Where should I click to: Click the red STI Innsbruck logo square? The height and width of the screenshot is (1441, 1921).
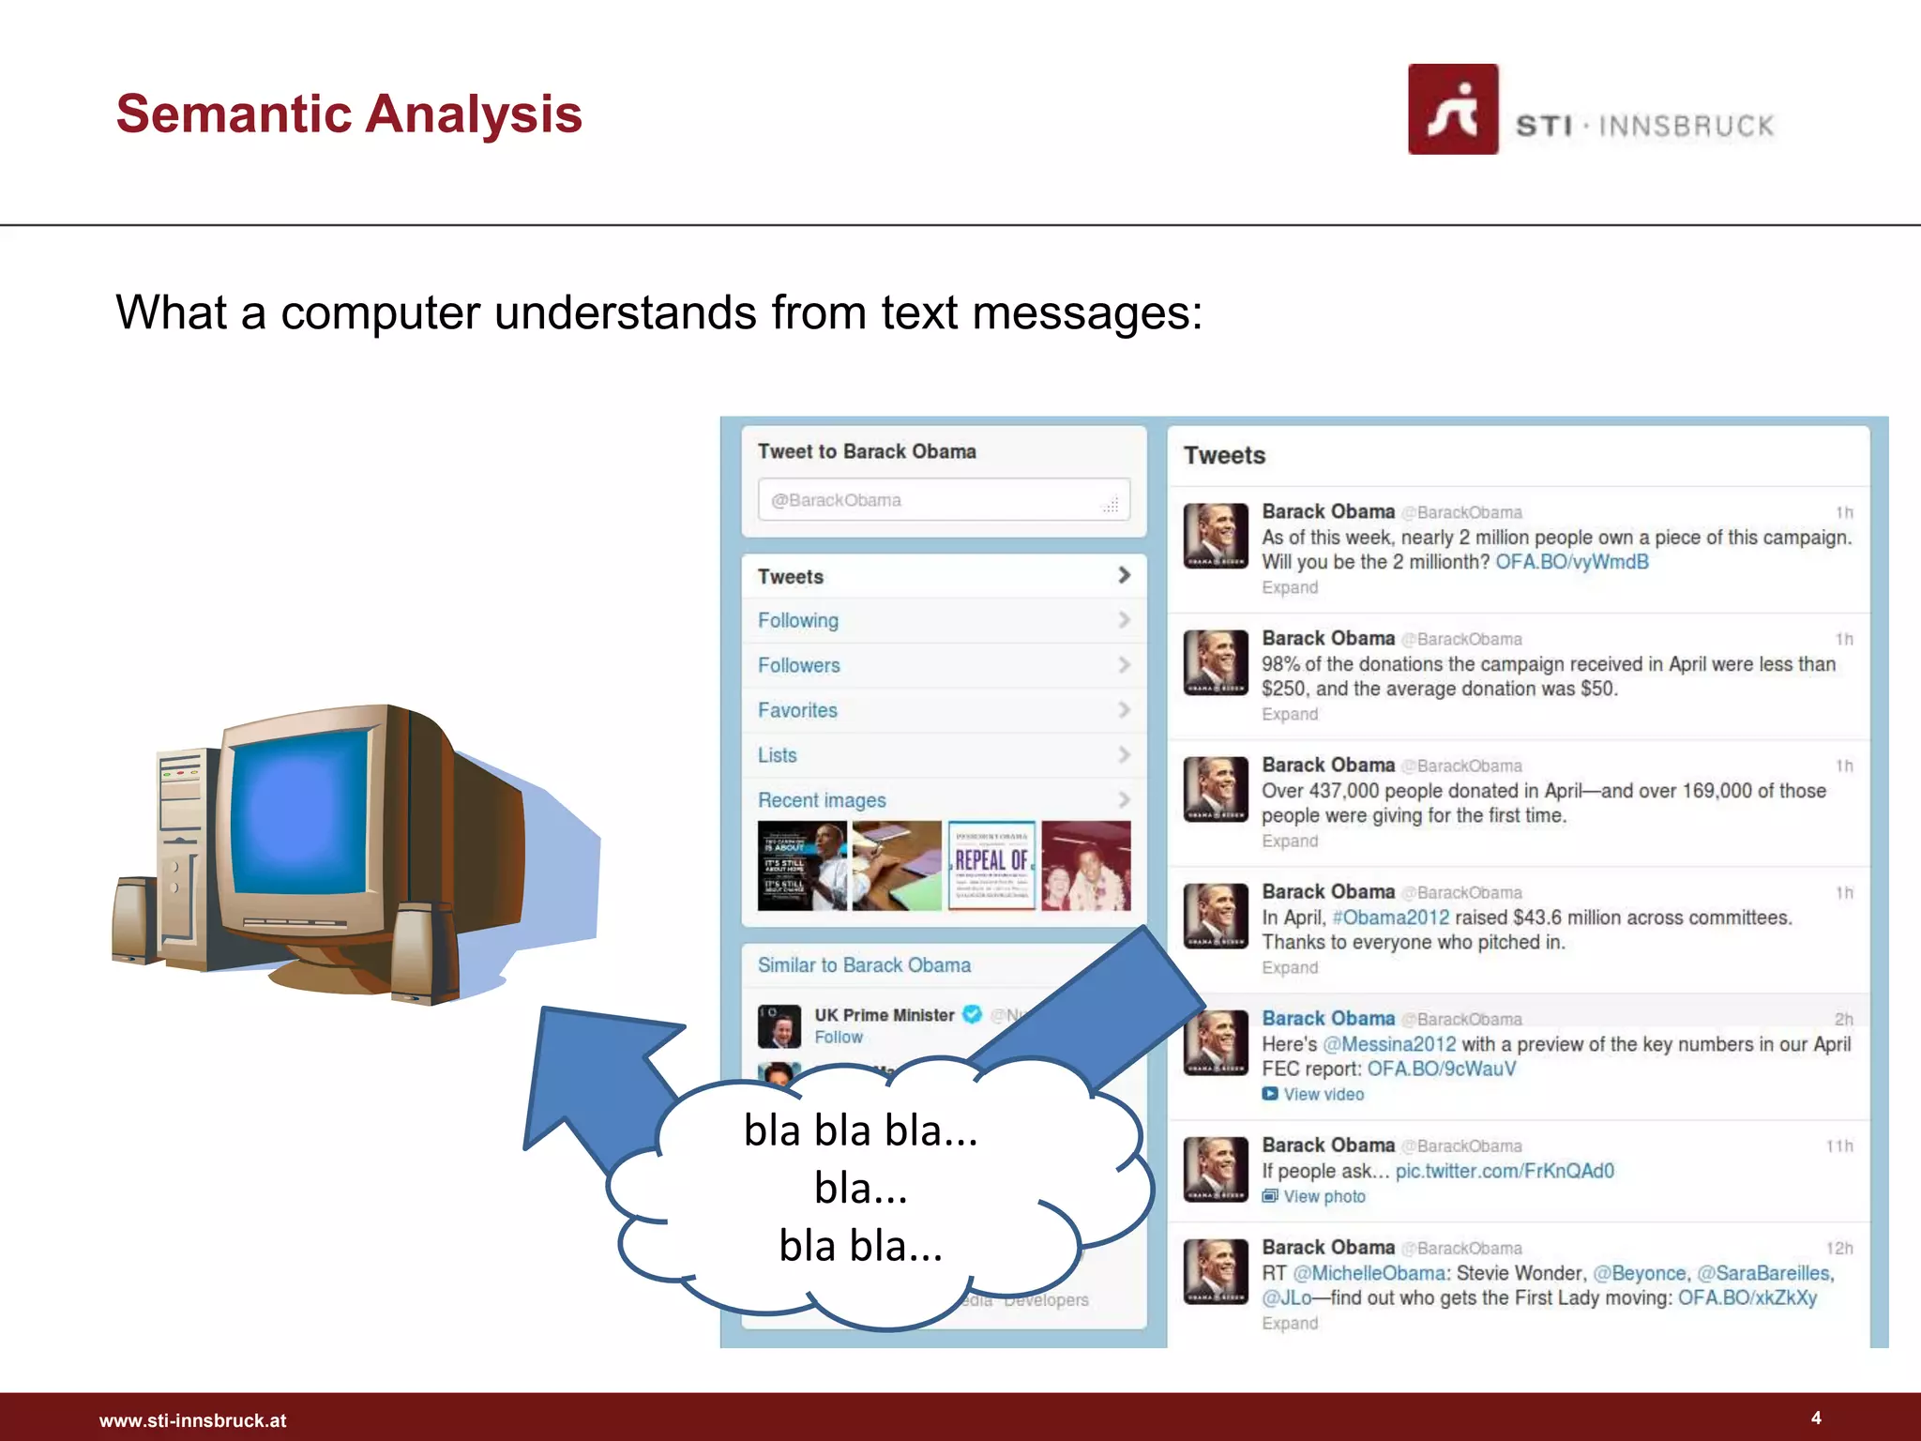(x=1452, y=109)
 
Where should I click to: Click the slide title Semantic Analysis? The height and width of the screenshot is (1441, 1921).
(x=349, y=114)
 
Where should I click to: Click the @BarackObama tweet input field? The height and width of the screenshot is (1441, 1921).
(x=943, y=500)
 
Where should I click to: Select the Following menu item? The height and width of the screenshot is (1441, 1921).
(x=798, y=620)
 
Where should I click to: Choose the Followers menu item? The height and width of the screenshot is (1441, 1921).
(x=799, y=665)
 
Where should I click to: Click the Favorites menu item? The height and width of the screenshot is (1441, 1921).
(x=797, y=710)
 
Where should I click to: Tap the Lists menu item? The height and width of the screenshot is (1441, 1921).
(x=777, y=755)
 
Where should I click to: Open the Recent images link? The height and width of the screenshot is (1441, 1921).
(x=822, y=800)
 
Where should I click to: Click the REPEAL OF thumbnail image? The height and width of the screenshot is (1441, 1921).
(x=991, y=865)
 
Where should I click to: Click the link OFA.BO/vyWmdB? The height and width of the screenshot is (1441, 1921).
(x=1571, y=562)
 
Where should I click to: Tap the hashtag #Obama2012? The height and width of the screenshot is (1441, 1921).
(x=1390, y=918)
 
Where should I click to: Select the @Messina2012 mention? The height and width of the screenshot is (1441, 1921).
(x=1389, y=1044)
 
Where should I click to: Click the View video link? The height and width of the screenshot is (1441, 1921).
(x=1323, y=1094)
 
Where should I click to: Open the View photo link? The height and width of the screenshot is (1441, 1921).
(x=1323, y=1196)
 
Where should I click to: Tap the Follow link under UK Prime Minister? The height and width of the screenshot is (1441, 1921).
(x=838, y=1037)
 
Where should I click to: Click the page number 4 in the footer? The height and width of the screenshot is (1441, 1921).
(x=1816, y=1418)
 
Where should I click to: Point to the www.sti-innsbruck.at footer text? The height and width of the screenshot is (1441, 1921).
(x=192, y=1420)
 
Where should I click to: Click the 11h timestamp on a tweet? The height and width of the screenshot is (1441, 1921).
(x=1838, y=1145)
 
